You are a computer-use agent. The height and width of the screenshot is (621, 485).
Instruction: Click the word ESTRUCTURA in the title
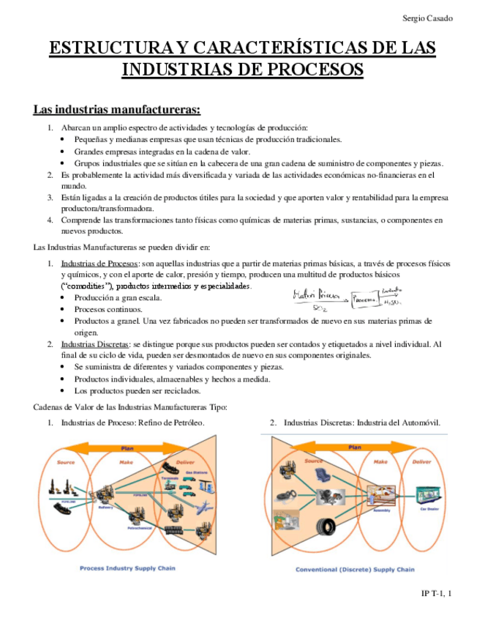tap(111, 49)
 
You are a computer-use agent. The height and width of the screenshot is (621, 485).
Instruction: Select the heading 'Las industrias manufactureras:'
tap(116, 110)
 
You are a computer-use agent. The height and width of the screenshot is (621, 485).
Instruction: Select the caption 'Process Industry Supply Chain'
tap(127, 568)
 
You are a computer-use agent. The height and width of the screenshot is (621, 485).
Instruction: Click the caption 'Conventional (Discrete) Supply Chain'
tap(356, 568)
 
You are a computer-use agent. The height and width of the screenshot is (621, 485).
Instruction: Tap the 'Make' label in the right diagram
tap(380, 461)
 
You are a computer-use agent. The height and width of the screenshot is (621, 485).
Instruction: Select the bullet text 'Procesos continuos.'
tap(107, 310)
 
